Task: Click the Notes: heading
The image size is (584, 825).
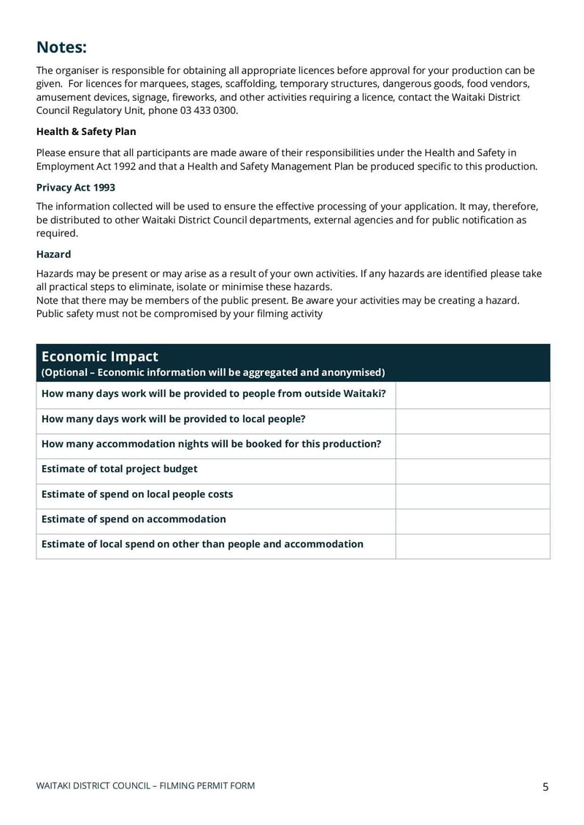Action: pos(61,47)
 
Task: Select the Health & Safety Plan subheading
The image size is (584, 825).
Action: pos(86,131)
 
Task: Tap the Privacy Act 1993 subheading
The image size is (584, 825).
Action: pos(75,188)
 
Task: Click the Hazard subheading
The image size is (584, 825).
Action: pos(53,254)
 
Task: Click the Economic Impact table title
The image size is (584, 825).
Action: pos(100,356)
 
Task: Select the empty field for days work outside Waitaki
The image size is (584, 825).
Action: pos(472,395)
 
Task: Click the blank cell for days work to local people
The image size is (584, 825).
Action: pos(472,421)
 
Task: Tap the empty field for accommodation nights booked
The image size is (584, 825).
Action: pos(472,445)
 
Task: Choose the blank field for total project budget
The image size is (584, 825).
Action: pos(472,471)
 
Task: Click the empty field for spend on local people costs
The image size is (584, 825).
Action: pos(472,496)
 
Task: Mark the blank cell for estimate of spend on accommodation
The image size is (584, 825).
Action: pos(472,521)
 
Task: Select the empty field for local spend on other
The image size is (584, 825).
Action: pos(472,545)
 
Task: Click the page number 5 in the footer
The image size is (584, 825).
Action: pos(545,786)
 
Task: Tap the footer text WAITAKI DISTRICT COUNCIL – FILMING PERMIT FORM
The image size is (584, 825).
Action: pos(145,786)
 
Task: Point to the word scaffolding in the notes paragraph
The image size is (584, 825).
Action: pos(250,84)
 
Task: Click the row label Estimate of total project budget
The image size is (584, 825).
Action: pos(119,469)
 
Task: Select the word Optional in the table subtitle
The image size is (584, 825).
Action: pos(67,372)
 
